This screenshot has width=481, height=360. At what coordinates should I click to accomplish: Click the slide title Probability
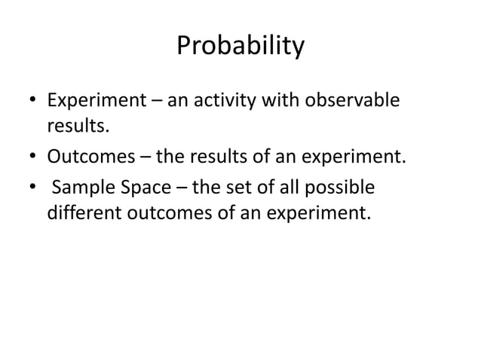[240, 47]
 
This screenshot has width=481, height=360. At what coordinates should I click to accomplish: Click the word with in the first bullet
[274, 101]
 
